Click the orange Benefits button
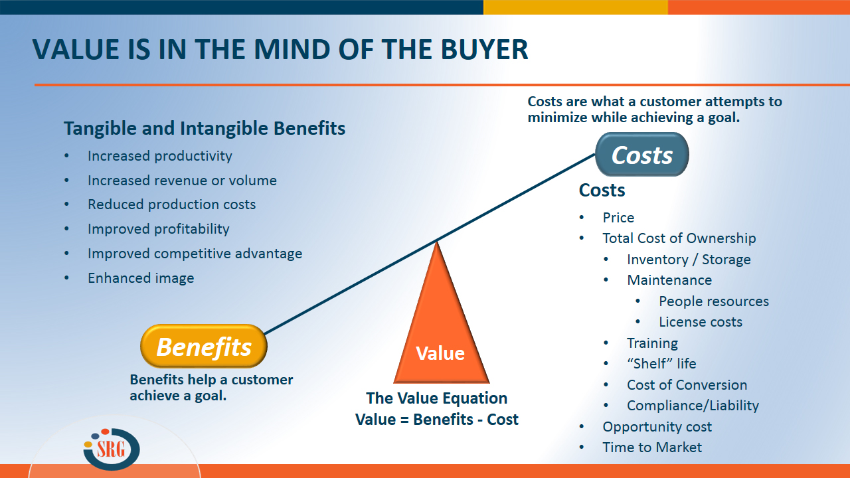(204, 346)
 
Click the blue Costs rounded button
(641, 155)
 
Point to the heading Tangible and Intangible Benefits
(205, 128)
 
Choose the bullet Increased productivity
(159, 156)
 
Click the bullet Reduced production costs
(171, 204)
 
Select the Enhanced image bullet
(141, 278)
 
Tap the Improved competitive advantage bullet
(195, 253)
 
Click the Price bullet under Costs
(618, 218)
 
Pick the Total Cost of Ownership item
(679, 238)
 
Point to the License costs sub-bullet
(701, 322)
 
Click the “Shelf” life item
(661, 364)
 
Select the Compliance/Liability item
(693, 406)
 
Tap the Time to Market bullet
(651, 447)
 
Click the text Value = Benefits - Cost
(437, 420)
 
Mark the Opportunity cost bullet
(657, 427)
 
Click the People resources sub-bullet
(714, 301)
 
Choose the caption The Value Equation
(437, 398)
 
